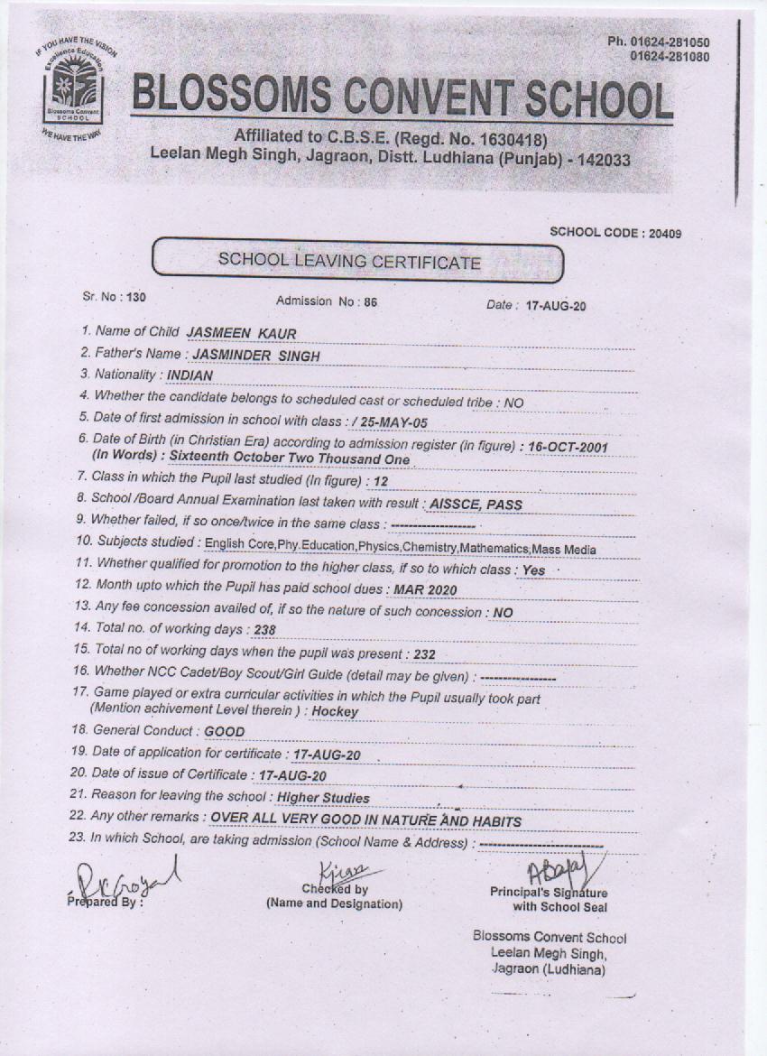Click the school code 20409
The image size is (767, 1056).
662,233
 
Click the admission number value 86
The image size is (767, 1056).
370,302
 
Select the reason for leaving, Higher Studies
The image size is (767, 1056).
323,798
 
